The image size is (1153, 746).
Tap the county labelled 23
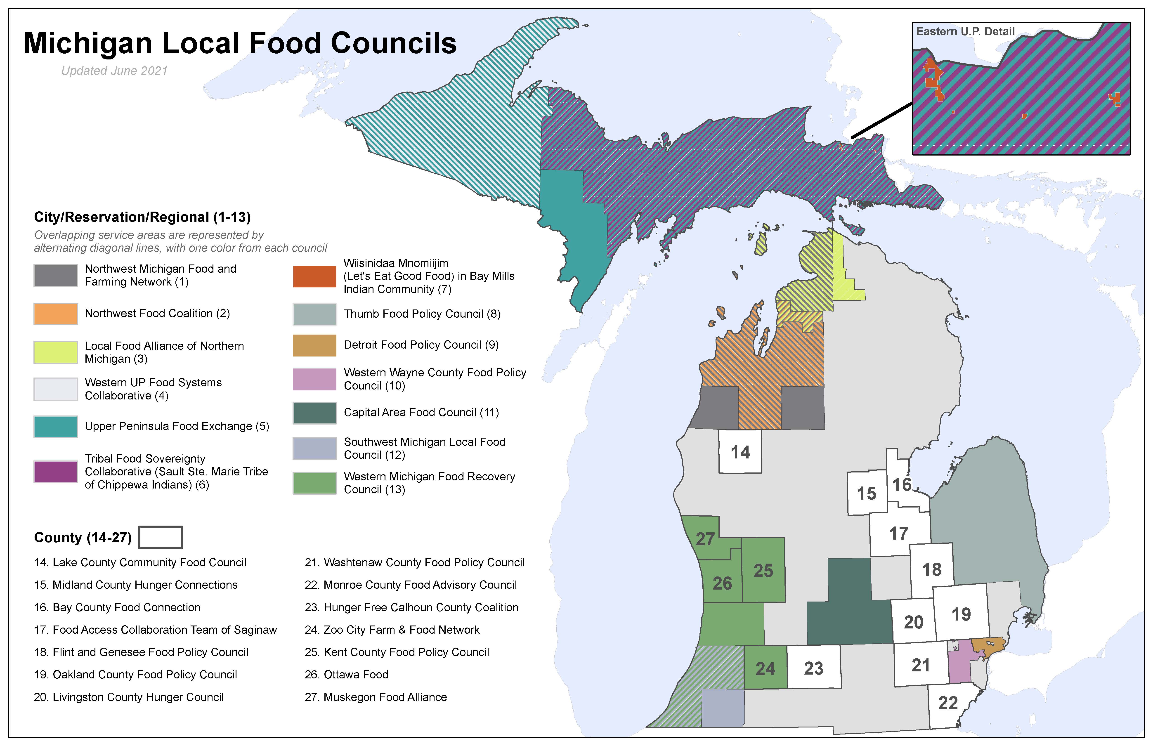click(x=813, y=668)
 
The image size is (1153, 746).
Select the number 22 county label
click(x=947, y=703)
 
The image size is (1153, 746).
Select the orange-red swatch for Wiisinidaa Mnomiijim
click(x=314, y=276)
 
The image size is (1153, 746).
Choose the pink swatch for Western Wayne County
click(x=314, y=379)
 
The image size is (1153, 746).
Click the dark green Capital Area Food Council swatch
click(x=314, y=413)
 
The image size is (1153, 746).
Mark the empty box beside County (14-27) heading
click(x=160, y=537)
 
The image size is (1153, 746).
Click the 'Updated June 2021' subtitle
click(x=114, y=71)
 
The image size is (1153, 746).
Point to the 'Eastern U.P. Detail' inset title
click(x=965, y=31)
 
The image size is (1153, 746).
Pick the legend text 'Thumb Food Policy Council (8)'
click(x=422, y=314)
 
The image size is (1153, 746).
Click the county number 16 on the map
click(x=902, y=484)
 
